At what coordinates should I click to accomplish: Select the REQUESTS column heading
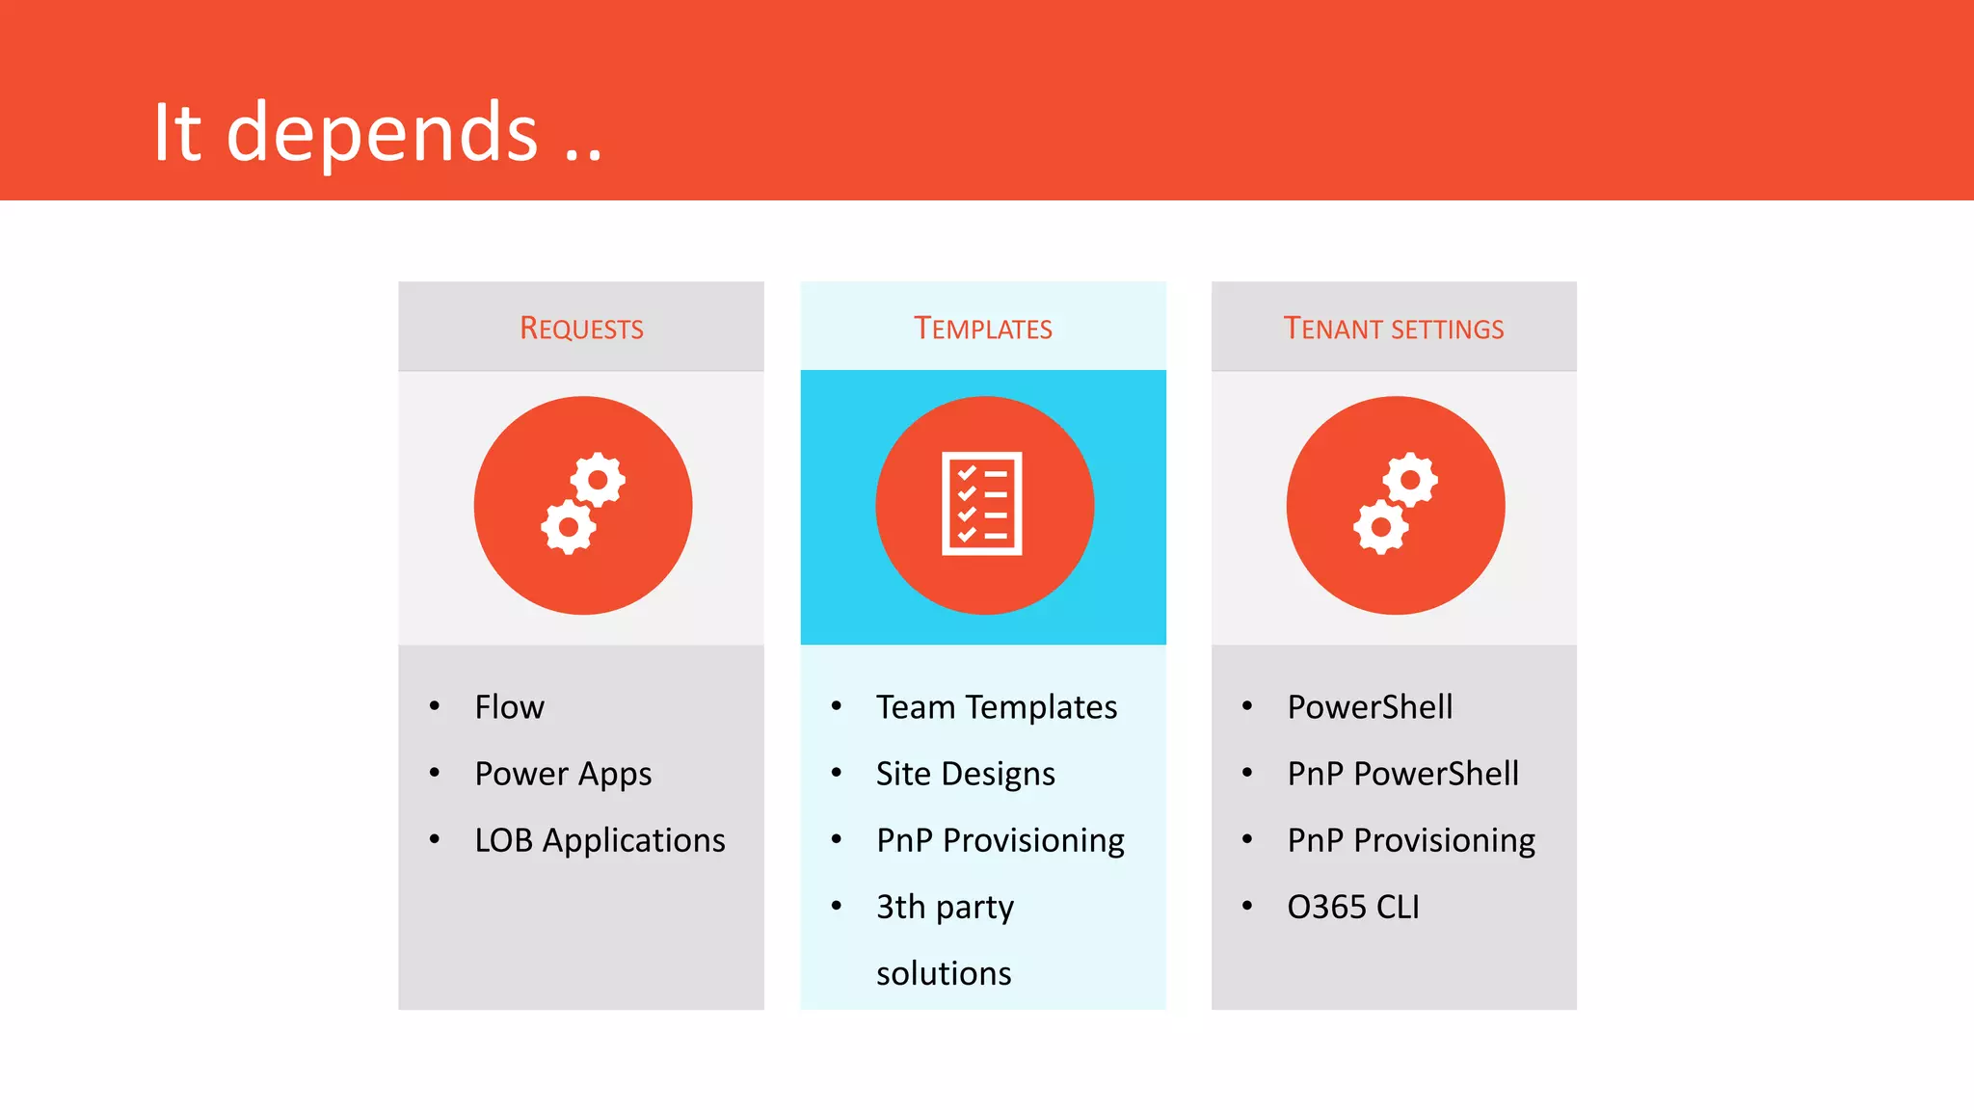581,329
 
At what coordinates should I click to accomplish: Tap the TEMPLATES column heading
982,329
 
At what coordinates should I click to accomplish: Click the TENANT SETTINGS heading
1393,329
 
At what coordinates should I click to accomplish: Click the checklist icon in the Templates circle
982,504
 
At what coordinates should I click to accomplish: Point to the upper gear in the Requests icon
598,479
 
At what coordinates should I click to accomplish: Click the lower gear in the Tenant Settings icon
1380,527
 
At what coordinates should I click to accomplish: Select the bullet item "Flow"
509,707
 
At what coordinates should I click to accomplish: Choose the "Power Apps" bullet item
563,774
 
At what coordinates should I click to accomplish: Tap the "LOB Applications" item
600,840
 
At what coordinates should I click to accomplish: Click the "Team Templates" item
997,707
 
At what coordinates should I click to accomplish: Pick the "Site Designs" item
965,774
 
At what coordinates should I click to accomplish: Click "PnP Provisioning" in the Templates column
1000,840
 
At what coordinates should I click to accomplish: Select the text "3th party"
945,907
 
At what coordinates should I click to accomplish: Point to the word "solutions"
944,973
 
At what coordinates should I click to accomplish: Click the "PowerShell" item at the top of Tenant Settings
1370,707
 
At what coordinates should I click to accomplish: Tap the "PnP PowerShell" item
1402,774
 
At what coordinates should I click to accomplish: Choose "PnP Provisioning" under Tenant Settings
1411,840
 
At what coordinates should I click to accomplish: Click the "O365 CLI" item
1352,907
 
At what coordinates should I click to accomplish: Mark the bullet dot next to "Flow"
435,706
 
